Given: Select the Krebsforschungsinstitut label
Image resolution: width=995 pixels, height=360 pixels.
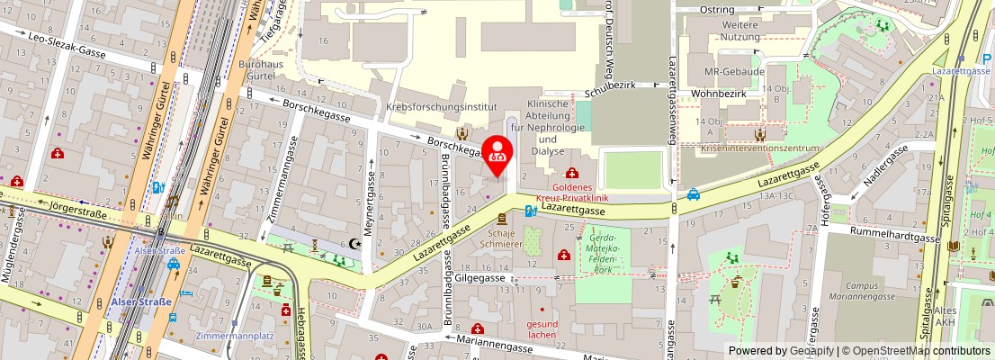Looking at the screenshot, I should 441,106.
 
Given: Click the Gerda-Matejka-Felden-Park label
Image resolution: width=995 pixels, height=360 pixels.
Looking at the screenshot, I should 603,252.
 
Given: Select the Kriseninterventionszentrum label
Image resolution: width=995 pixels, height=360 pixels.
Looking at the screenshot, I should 761,148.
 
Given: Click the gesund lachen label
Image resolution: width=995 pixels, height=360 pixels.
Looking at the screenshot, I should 544,329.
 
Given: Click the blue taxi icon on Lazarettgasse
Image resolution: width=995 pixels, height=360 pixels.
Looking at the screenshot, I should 695,193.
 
